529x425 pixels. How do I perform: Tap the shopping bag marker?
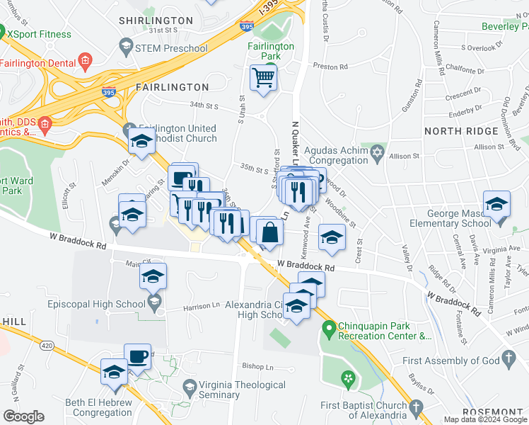point(270,232)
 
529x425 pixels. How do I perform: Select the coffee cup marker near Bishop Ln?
point(138,356)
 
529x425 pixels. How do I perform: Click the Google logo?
point(23,416)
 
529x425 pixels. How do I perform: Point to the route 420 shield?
point(47,346)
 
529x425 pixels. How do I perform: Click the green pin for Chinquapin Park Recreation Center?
point(328,329)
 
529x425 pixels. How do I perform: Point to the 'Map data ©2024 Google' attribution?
point(485,419)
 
